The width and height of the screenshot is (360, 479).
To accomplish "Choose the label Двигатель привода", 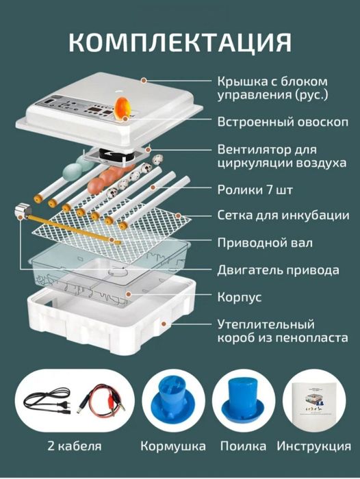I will pyautogui.click(x=277, y=270).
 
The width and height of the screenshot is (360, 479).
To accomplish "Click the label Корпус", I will pyautogui.click(x=239, y=298).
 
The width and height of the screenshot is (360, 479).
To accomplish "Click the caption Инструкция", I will pyautogui.click(x=314, y=446).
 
